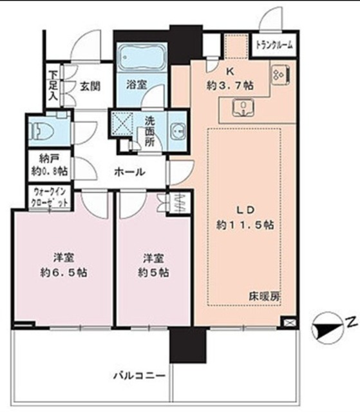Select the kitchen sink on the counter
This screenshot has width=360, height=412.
tap(242, 108)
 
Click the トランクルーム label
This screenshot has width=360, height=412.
tap(275, 45)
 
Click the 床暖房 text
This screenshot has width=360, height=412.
tap(264, 297)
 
